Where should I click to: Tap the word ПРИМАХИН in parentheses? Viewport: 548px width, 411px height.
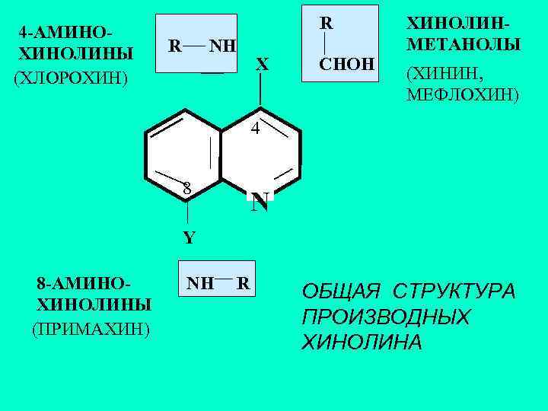pos(91,329)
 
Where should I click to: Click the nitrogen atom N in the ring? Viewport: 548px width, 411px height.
pos(260,202)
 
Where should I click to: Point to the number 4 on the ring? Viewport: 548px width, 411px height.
pos(256,129)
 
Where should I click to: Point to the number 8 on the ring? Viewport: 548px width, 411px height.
pos(186,188)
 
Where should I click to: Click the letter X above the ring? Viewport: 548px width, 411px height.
pos(262,65)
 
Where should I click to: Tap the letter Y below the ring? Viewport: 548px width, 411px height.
pos(189,237)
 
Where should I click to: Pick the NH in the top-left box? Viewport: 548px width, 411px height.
pos(223,46)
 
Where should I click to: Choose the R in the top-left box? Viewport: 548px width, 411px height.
pos(174,46)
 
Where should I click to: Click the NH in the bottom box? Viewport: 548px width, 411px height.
pos(201,284)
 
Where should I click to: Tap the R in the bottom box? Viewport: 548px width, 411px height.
pos(244,284)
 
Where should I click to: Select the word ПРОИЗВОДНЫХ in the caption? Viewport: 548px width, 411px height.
pos(385,317)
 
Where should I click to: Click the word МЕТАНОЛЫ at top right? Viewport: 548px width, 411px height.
pos(464,45)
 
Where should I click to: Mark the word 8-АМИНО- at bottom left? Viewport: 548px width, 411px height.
pos(84,285)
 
